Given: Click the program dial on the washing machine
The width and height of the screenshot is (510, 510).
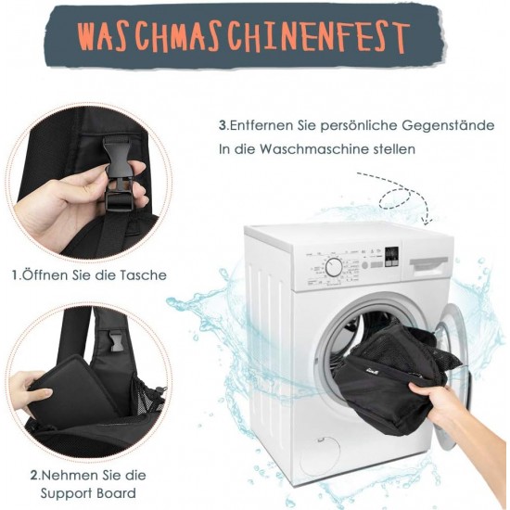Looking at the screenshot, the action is tap(334, 267).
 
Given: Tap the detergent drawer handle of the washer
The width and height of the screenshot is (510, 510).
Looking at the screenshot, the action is tap(428, 264).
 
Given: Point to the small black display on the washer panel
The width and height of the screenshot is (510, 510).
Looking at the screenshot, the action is tap(391, 257).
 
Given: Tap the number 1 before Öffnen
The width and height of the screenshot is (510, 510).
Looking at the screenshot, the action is tap(15, 275).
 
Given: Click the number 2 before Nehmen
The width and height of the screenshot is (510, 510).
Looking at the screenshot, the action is tap(34, 476).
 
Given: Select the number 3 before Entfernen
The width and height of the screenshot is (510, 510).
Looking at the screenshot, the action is tap(223, 125).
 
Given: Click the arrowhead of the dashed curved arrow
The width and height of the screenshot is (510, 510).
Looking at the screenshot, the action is tap(428, 220).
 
